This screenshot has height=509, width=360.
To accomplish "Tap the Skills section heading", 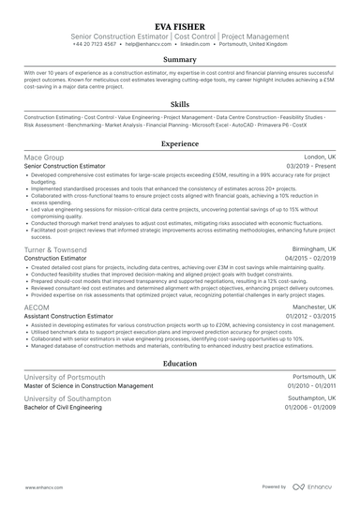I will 180,106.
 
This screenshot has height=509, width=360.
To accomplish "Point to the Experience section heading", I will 180,144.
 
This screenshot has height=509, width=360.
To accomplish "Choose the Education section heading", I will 180,364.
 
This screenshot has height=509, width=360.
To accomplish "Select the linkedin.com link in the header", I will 195,44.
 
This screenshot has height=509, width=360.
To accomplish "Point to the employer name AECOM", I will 37,306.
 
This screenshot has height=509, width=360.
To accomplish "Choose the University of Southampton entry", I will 68,398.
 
